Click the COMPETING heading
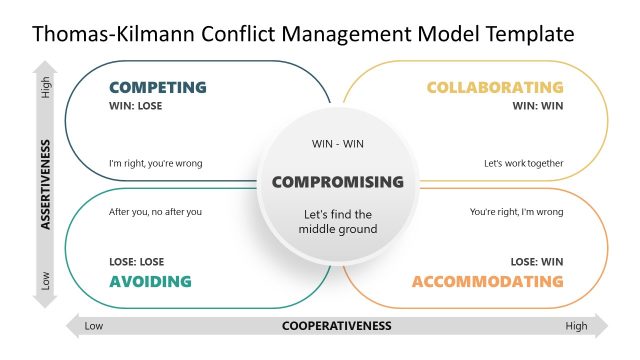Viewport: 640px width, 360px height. (x=157, y=87)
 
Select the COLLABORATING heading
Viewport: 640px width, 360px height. (x=494, y=87)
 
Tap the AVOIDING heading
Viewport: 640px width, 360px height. (x=150, y=281)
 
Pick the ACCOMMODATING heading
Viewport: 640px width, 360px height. (x=487, y=281)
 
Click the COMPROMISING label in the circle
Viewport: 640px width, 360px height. (x=338, y=182)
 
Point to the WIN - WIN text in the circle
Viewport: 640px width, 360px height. (x=338, y=144)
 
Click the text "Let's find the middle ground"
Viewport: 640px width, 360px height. (x=338, y=222)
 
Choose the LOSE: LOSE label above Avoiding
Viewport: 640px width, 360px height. (x=136, y=262)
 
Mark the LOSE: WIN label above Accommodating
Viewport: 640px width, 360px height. (x=537, y=262)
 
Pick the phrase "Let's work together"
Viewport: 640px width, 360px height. (x=524, y=164)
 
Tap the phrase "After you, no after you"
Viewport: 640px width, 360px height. (x=155, y=212)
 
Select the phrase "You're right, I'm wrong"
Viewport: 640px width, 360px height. (x=516, y=212)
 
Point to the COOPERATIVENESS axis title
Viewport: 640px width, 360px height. (x=336, y=326)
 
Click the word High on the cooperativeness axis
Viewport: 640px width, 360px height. (x=576, y=326)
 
